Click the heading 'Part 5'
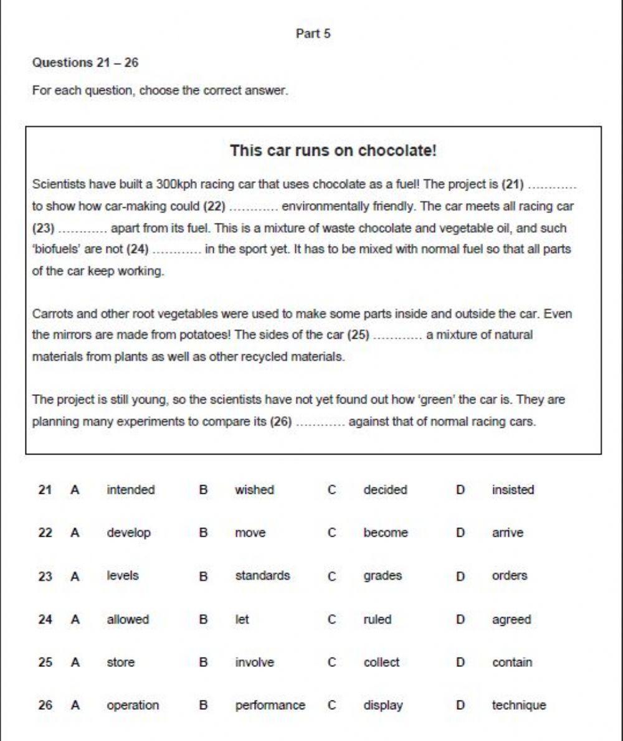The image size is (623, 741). (313, 34)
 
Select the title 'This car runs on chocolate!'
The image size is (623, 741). (333, 151)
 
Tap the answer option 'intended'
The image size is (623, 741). (131, 490)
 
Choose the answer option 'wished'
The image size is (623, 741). (254, 490)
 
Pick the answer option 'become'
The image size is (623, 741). (386, 533)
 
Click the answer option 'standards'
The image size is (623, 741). (262, 576)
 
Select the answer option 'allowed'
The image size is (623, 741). (128, 620)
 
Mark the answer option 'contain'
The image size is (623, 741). (512, 663)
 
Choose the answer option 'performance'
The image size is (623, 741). (270, 706)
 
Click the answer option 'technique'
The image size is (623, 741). (518, 706)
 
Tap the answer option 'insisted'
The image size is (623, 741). (513, 490)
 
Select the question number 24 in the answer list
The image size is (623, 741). (45, 620)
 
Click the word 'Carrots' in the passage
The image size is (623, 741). (50, 314)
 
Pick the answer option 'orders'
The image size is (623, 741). (509, 576)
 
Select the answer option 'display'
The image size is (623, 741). (383, 706)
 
